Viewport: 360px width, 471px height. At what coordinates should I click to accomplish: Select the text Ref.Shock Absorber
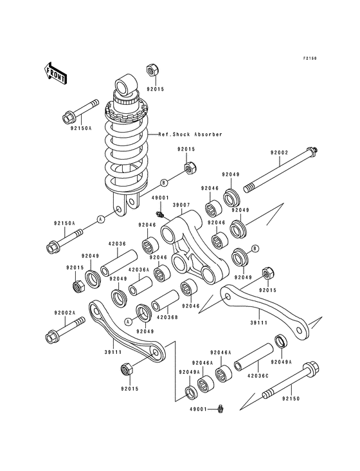coord(190,134)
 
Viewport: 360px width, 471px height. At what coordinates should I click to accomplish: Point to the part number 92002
coord(279,152)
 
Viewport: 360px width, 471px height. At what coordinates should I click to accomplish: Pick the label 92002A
coord(64,313)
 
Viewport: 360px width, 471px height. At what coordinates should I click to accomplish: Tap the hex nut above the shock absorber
coord(152,68)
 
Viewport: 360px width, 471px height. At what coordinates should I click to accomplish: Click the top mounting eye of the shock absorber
coord(123,86)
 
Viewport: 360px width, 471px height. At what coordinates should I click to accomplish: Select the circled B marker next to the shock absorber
coord(163,183)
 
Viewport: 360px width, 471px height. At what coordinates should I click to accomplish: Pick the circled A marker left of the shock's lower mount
coord(101,219)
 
